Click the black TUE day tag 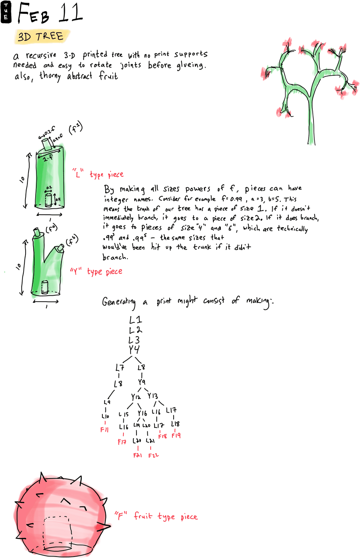[6, 12]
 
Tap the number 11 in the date [70, 13]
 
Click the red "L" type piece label [98, 174]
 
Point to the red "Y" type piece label [96, 271]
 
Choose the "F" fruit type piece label [156, 516]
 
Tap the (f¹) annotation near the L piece [75, 128]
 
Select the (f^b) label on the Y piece [72, 241]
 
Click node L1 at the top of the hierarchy [135, 320]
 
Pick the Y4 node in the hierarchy [134, 350]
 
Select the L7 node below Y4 [120, 368]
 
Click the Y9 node [141, 382]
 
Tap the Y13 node [153, 396]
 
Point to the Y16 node [142, 413]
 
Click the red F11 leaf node [104, 429]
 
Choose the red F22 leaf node [153, 455]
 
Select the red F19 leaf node [176, 435]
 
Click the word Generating [119, 302]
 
